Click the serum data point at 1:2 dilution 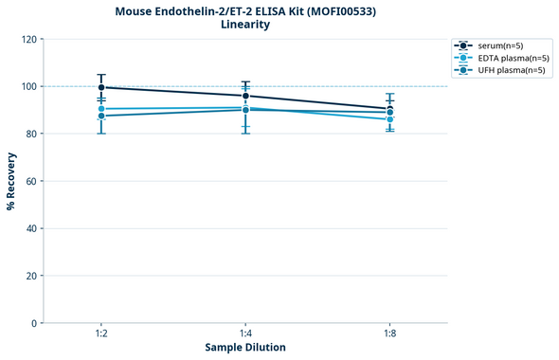click(101, 87)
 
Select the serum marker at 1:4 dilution click(245, 96)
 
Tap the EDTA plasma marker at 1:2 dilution click(101, 109)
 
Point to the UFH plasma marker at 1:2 click(101, 116)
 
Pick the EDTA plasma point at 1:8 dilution click(390, 119)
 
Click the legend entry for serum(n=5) click(499, 45)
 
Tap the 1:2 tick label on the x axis click(101, 334)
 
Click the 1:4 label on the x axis click(245, 334)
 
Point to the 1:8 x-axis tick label click(390, 334)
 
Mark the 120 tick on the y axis click(28, 39)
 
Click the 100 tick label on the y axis click(28, 86)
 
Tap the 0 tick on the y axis click(34, 323)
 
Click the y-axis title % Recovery click(11, 180)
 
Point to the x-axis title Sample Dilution click(245, 348)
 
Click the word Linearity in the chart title click(244, 25)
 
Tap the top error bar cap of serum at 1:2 click(101, 75)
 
